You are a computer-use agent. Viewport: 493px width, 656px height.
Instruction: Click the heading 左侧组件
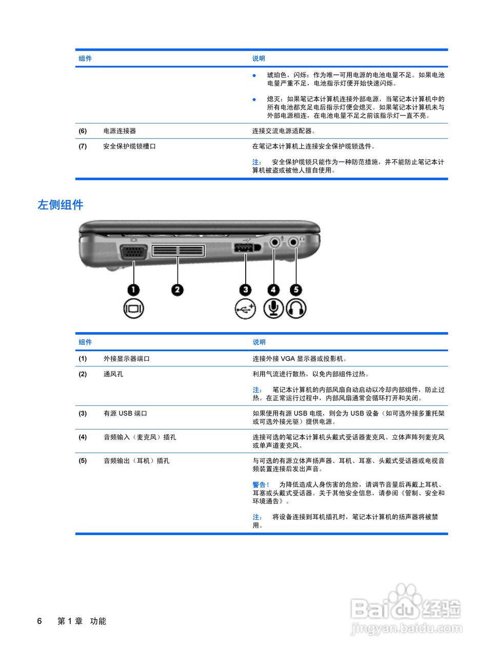point(61,205)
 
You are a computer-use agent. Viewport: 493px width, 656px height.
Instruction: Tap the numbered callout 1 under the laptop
point(133,290)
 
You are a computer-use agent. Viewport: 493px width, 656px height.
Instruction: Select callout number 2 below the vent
point(177,290)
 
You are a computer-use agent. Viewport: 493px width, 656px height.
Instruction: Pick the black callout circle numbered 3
point(246,290)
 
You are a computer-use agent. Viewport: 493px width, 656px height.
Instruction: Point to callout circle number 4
point(273,290)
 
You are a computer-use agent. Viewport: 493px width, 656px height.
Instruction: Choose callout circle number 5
point(296,290)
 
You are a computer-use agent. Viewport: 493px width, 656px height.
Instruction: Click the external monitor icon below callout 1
point(133,309)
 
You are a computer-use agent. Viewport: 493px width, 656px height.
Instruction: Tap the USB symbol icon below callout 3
point(245,309)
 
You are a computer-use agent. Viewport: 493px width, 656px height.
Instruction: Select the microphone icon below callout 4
point(273,308)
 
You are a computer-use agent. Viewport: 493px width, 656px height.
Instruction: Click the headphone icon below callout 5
point(296,309)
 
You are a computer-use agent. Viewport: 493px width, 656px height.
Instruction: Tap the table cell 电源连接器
point(120,131)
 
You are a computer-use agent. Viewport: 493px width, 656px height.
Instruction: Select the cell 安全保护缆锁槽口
point(129,146)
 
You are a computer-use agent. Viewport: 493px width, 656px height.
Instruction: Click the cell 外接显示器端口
point(127,359)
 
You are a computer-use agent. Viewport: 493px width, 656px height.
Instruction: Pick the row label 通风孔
point(113,374)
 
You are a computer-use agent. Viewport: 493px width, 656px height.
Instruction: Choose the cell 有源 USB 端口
point(125,414)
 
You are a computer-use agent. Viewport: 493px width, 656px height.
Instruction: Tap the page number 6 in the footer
point(40,621)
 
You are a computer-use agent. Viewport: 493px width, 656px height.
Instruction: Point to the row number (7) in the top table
point(83,146)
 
